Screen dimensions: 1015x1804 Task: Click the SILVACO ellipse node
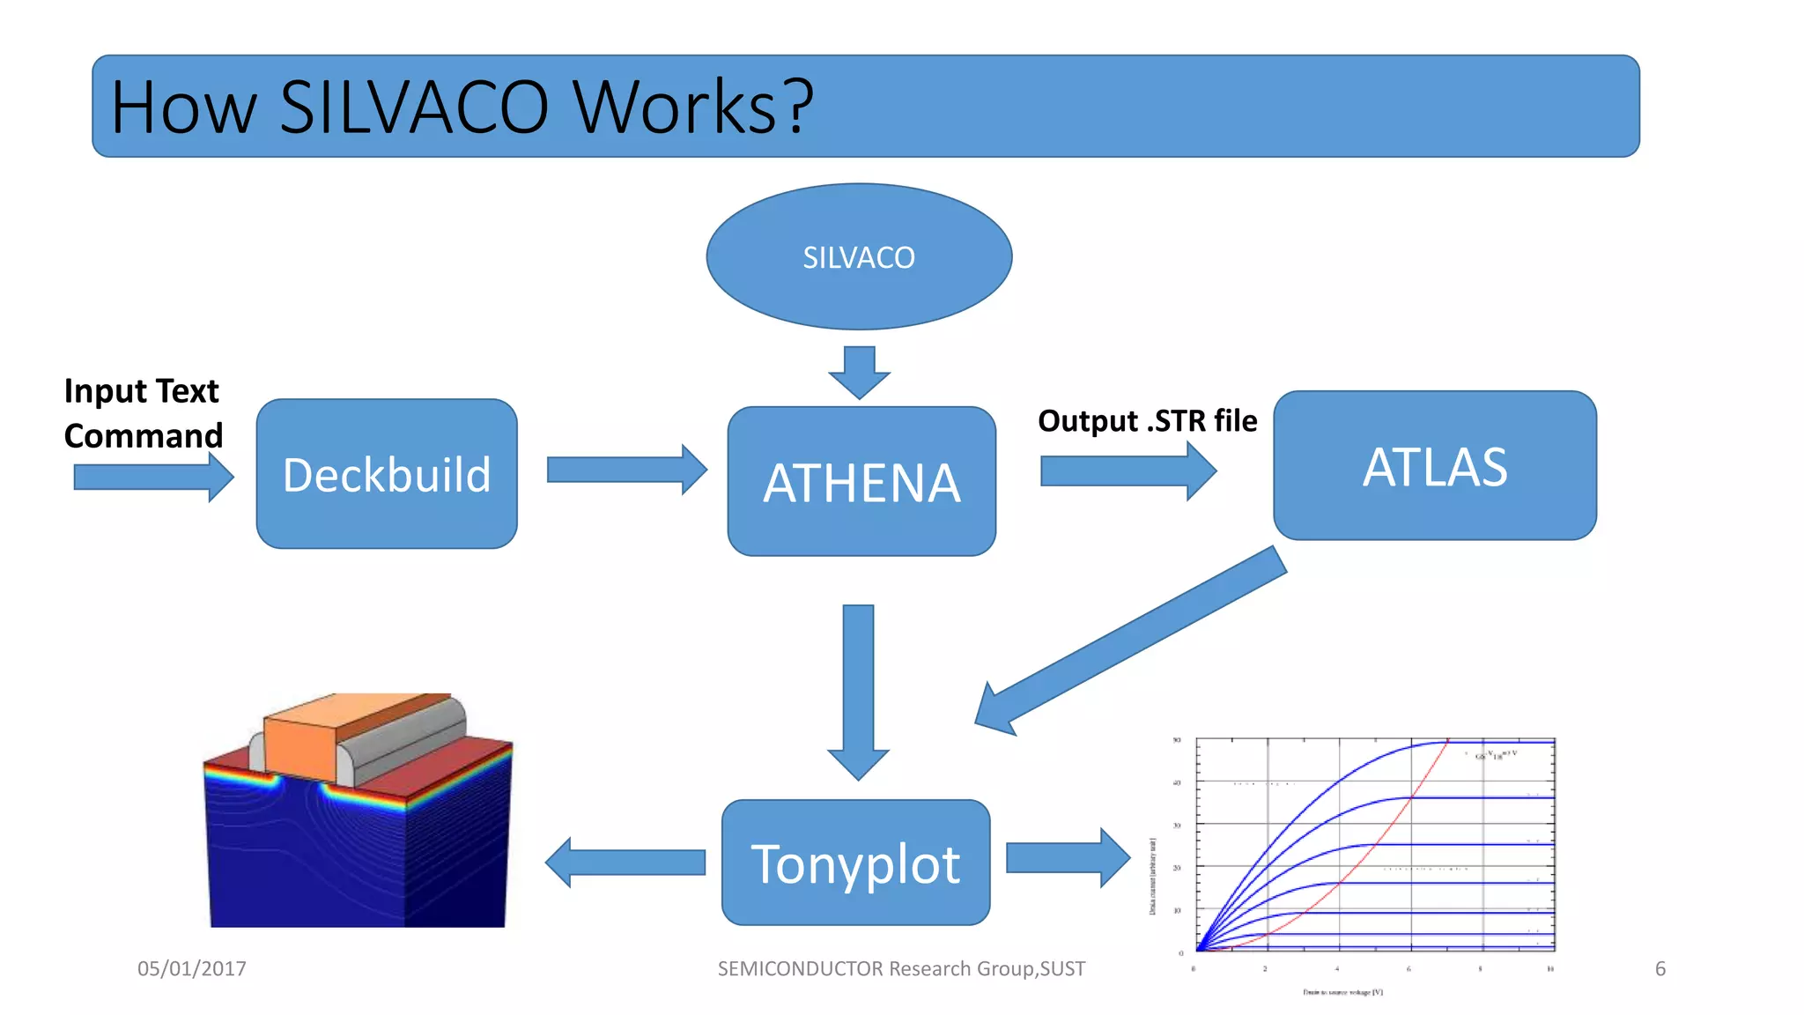click(x=859, y=256)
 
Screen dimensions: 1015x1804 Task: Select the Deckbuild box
click(x=387, y=474)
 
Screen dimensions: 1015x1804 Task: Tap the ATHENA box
click(x=861, y=482)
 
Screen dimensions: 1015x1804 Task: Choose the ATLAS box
click(x=1435, y=466)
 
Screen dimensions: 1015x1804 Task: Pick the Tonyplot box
click(x=855, y=863)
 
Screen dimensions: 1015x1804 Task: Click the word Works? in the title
click(x=693, y=107)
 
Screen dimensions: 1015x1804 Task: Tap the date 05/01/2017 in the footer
click(x=192, y=968)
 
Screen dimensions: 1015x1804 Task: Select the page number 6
click(x=1660, y=968)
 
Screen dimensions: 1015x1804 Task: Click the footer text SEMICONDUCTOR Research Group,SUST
click(x=901, y=968)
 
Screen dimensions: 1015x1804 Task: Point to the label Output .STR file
click(x=1147, y=421)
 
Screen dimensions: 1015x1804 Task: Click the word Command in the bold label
click(x=144, y=436)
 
